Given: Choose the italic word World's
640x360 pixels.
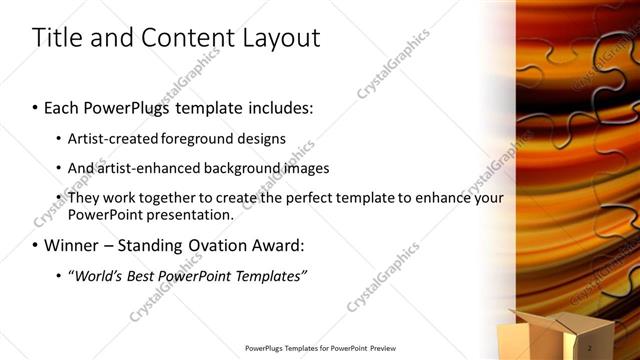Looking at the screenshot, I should tap(97, 275).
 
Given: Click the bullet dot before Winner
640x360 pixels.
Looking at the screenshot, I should tap(36, 245).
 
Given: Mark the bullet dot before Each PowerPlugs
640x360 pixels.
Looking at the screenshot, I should tap(36, 108).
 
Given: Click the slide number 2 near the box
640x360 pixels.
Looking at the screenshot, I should tap(590, 346).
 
